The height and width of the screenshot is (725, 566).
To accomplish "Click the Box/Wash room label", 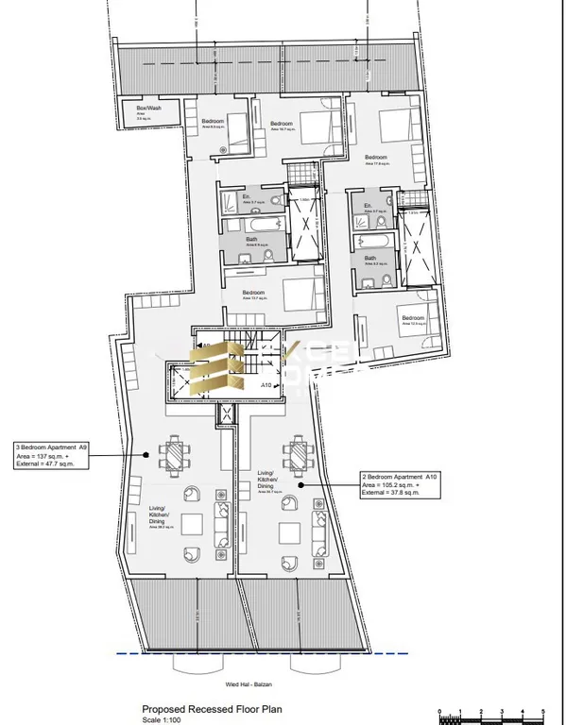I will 137,109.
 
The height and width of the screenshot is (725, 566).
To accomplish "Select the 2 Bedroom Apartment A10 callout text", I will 401,478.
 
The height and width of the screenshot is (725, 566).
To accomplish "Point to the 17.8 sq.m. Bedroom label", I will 376,158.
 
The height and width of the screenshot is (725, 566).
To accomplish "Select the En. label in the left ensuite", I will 233,197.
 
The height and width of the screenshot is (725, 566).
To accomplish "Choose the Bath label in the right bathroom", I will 370,259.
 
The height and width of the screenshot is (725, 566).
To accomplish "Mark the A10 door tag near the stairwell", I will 266,385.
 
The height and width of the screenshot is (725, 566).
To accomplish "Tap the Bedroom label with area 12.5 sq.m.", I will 413,318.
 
